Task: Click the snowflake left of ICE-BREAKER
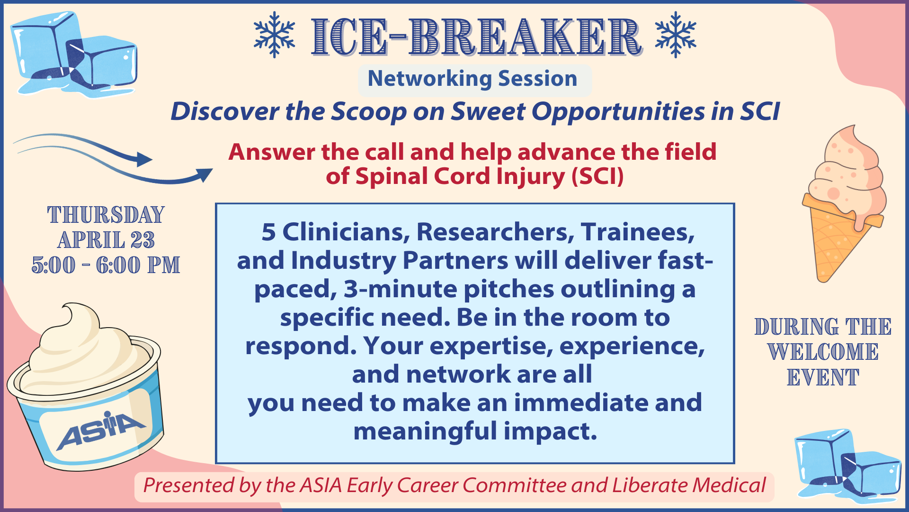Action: tap(275, 35)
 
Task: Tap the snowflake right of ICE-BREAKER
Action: tap(676, 35)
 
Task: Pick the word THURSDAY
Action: tap(106, 215)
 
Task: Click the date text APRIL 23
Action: tap(106, 240)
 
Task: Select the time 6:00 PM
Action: tap(138, 265)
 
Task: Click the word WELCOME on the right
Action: tap(823, 352)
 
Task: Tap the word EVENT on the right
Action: tap(823, 378)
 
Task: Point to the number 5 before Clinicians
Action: tap(268, 232)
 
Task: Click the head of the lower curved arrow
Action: tap(204, 174)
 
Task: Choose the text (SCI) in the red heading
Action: tap(597, 176)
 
